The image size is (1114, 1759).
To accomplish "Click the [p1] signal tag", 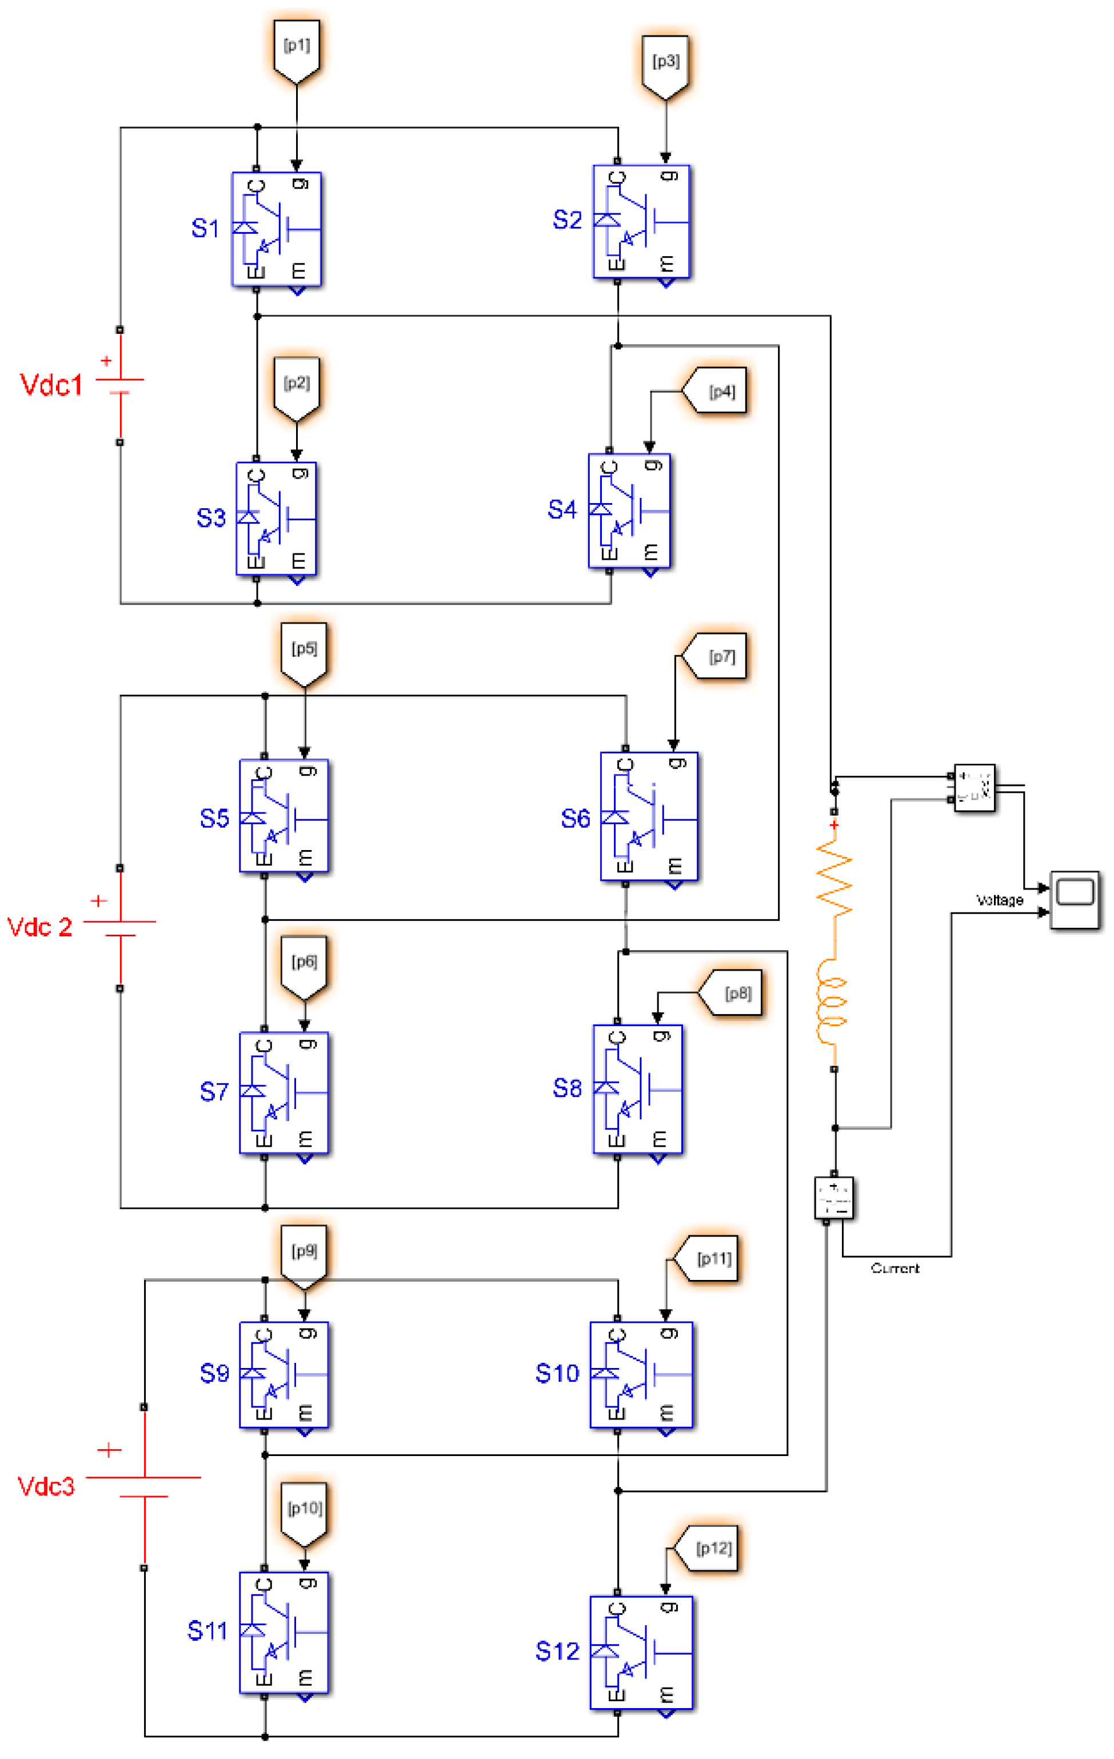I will (297, 48).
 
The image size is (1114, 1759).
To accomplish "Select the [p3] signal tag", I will (665, 64).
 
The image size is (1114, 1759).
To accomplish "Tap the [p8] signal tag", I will (733, 994).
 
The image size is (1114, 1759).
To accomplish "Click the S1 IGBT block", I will (277, 229).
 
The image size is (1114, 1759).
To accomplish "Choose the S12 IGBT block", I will (641, 1652).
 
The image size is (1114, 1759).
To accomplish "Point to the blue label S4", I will (562, 509).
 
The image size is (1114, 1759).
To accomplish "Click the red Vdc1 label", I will (51, 385).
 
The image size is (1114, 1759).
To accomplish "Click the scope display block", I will (1075, 900).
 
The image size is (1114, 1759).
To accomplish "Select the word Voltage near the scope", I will (999, 900).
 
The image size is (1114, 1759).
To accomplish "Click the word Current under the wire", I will (895, 1269).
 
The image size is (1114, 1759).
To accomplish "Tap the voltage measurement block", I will (974, 787).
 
